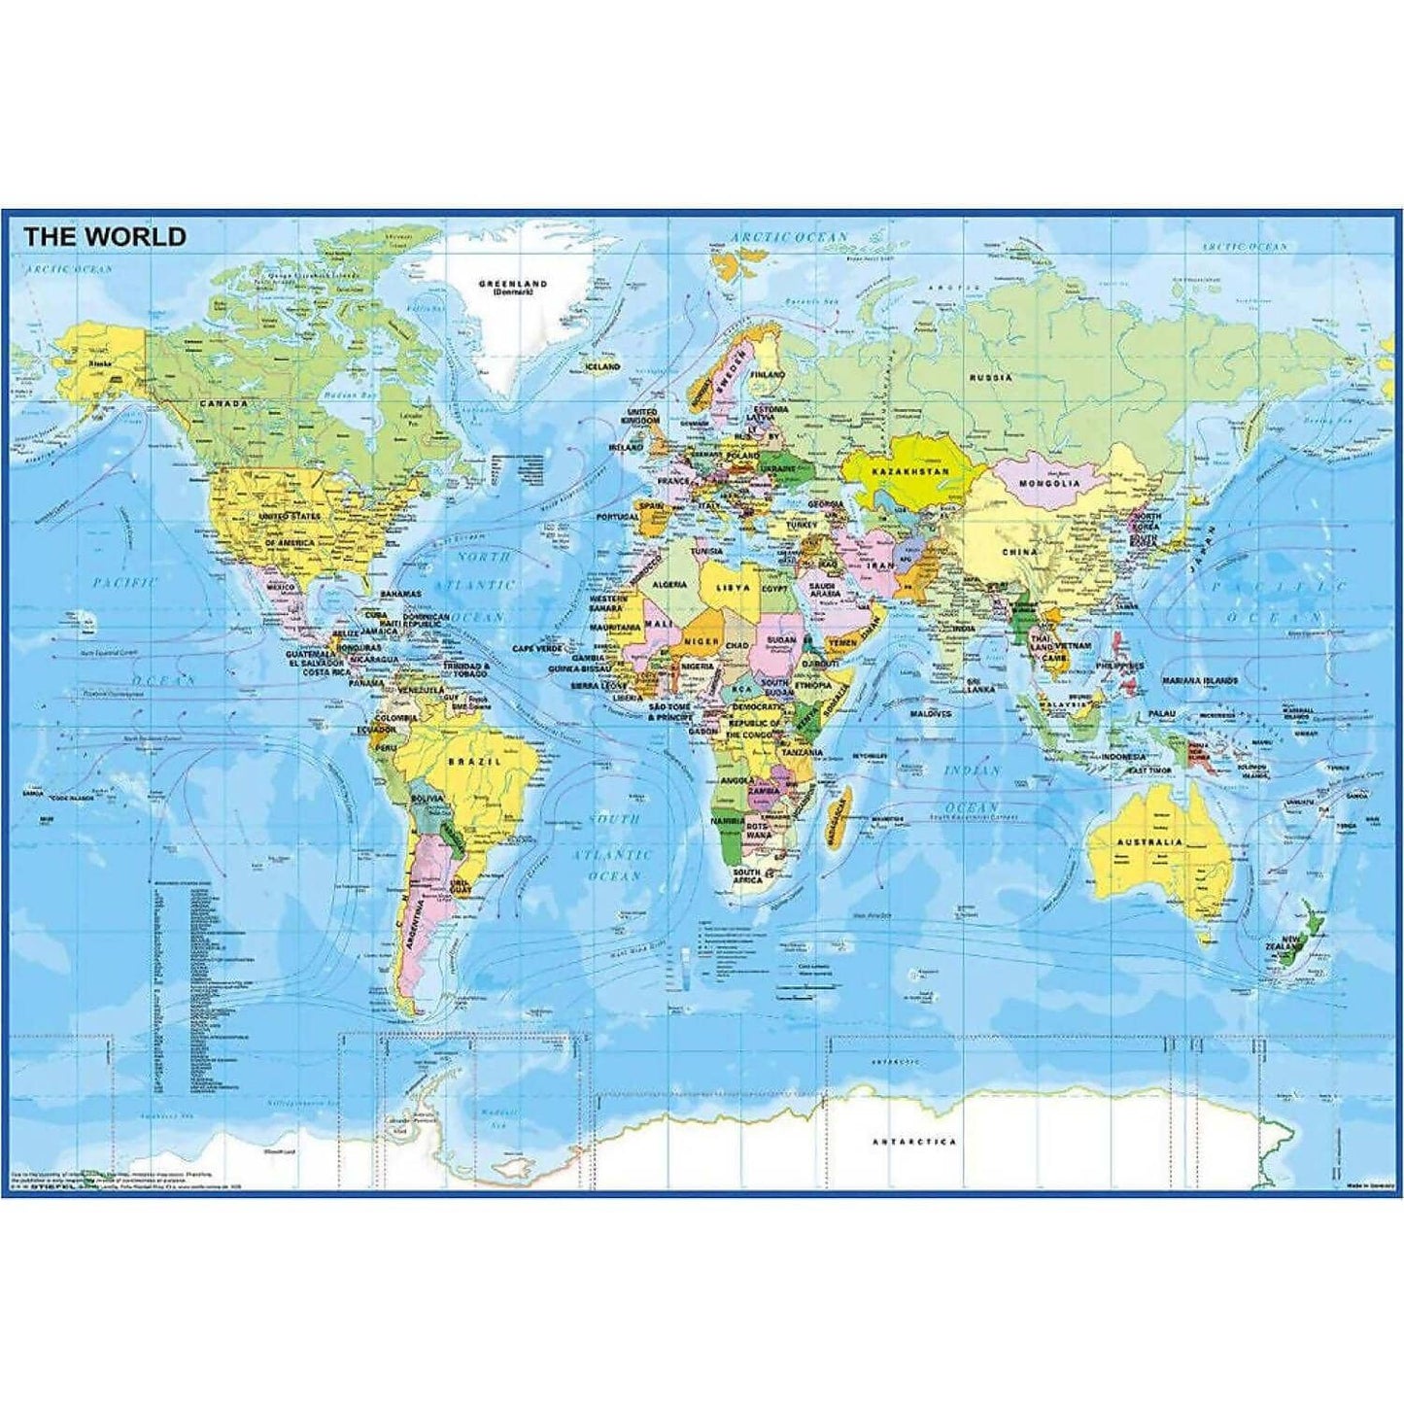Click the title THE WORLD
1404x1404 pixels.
[104, 236]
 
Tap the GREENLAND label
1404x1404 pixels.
[512, 284]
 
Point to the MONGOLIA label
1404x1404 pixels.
[1049, 483]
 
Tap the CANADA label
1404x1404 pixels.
[223, 402]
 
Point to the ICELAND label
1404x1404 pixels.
[602, 367]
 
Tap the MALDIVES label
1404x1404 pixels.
[930, 713]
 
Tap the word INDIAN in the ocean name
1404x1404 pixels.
[973, 770]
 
